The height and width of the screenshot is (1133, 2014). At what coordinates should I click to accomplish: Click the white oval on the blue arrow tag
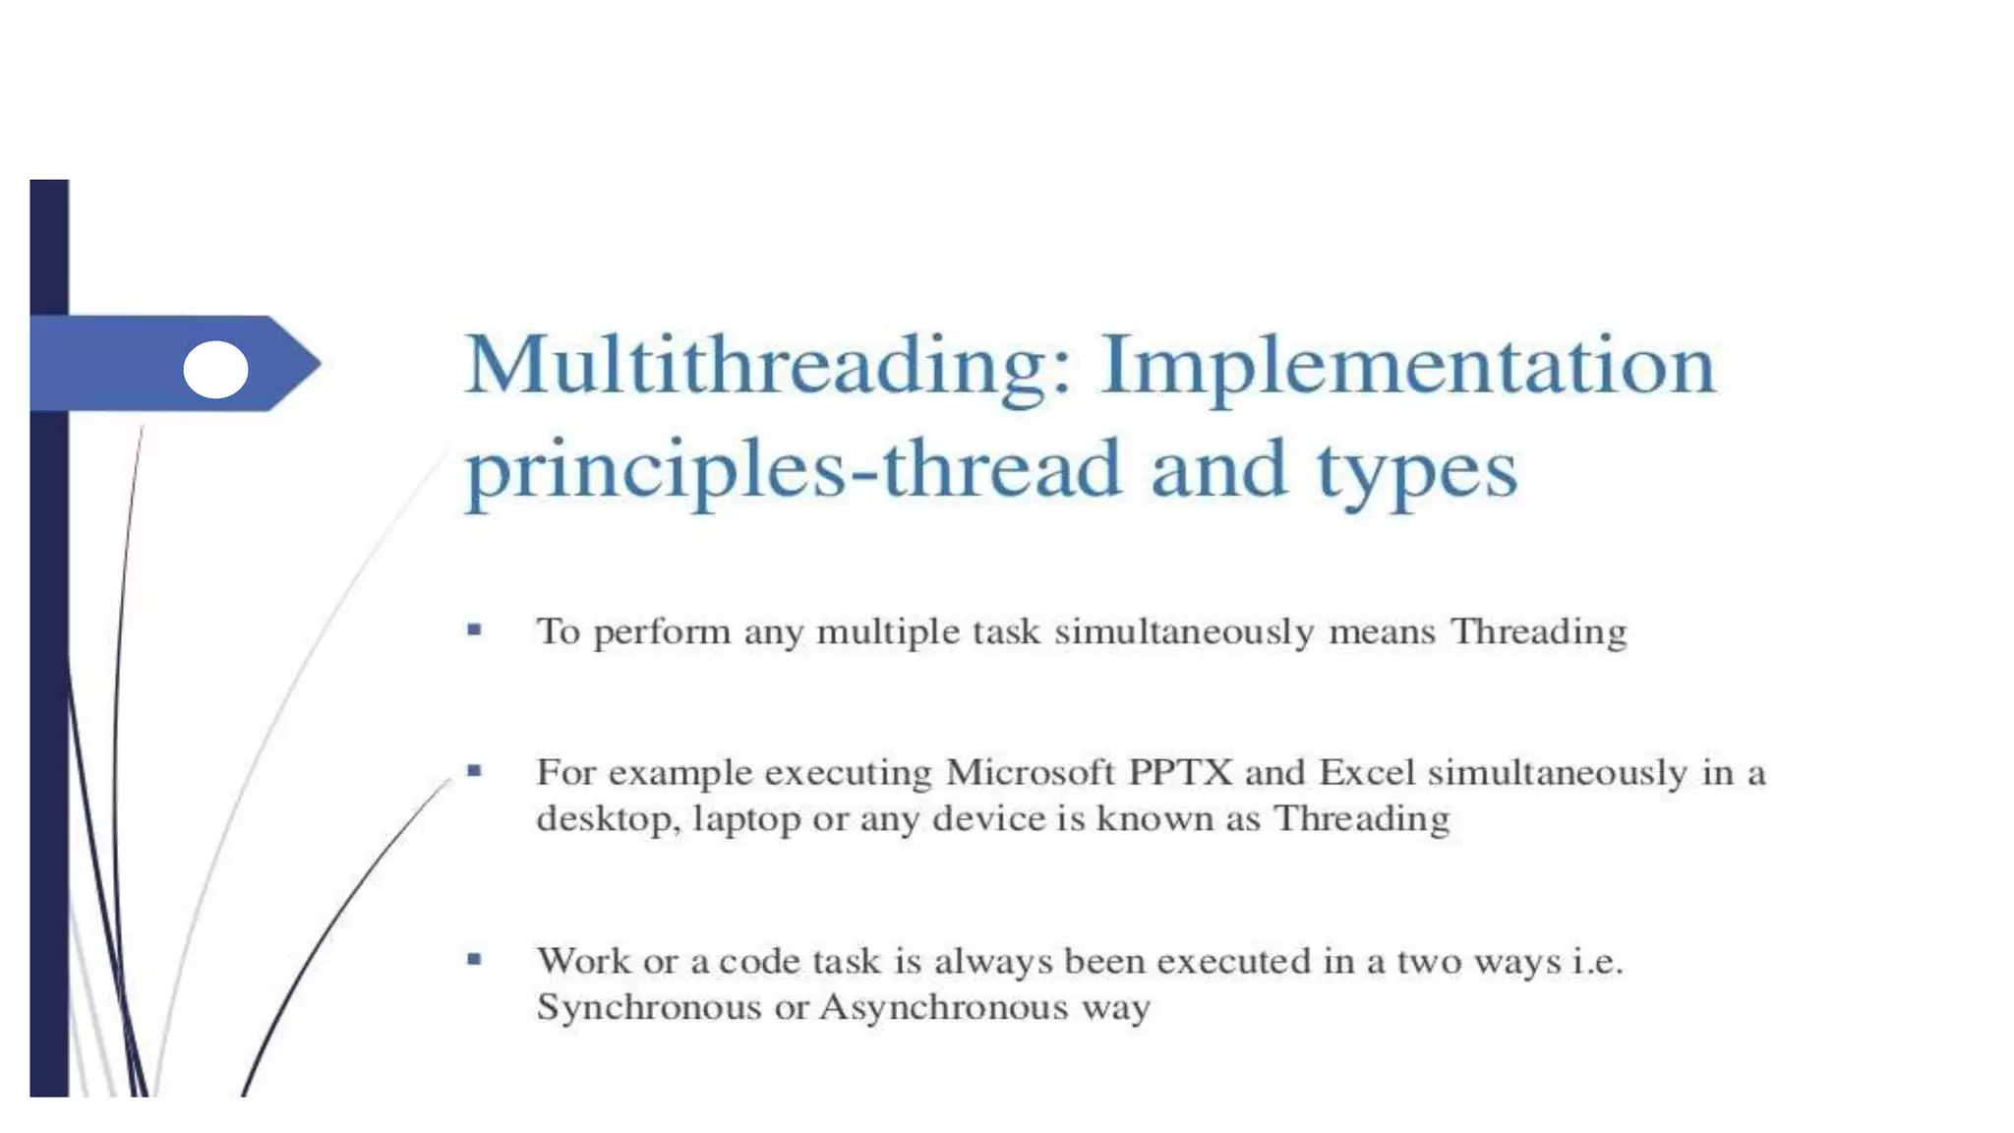(215, 370)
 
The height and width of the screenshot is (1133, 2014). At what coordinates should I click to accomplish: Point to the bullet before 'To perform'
(475, 629)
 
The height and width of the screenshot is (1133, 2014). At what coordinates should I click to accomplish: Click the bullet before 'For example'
(475, 771)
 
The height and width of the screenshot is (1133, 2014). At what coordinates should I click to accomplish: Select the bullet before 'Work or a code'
(475, 959)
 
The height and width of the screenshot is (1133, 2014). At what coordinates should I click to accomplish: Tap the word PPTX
(1180, 773)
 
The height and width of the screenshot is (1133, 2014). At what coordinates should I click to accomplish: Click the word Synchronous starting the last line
(648, 1008)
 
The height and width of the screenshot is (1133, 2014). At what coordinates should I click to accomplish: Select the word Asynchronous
(943, 1008)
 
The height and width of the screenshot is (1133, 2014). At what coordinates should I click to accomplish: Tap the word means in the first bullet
(1382, 632)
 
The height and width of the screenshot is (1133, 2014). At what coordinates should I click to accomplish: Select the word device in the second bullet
(988, 819)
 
